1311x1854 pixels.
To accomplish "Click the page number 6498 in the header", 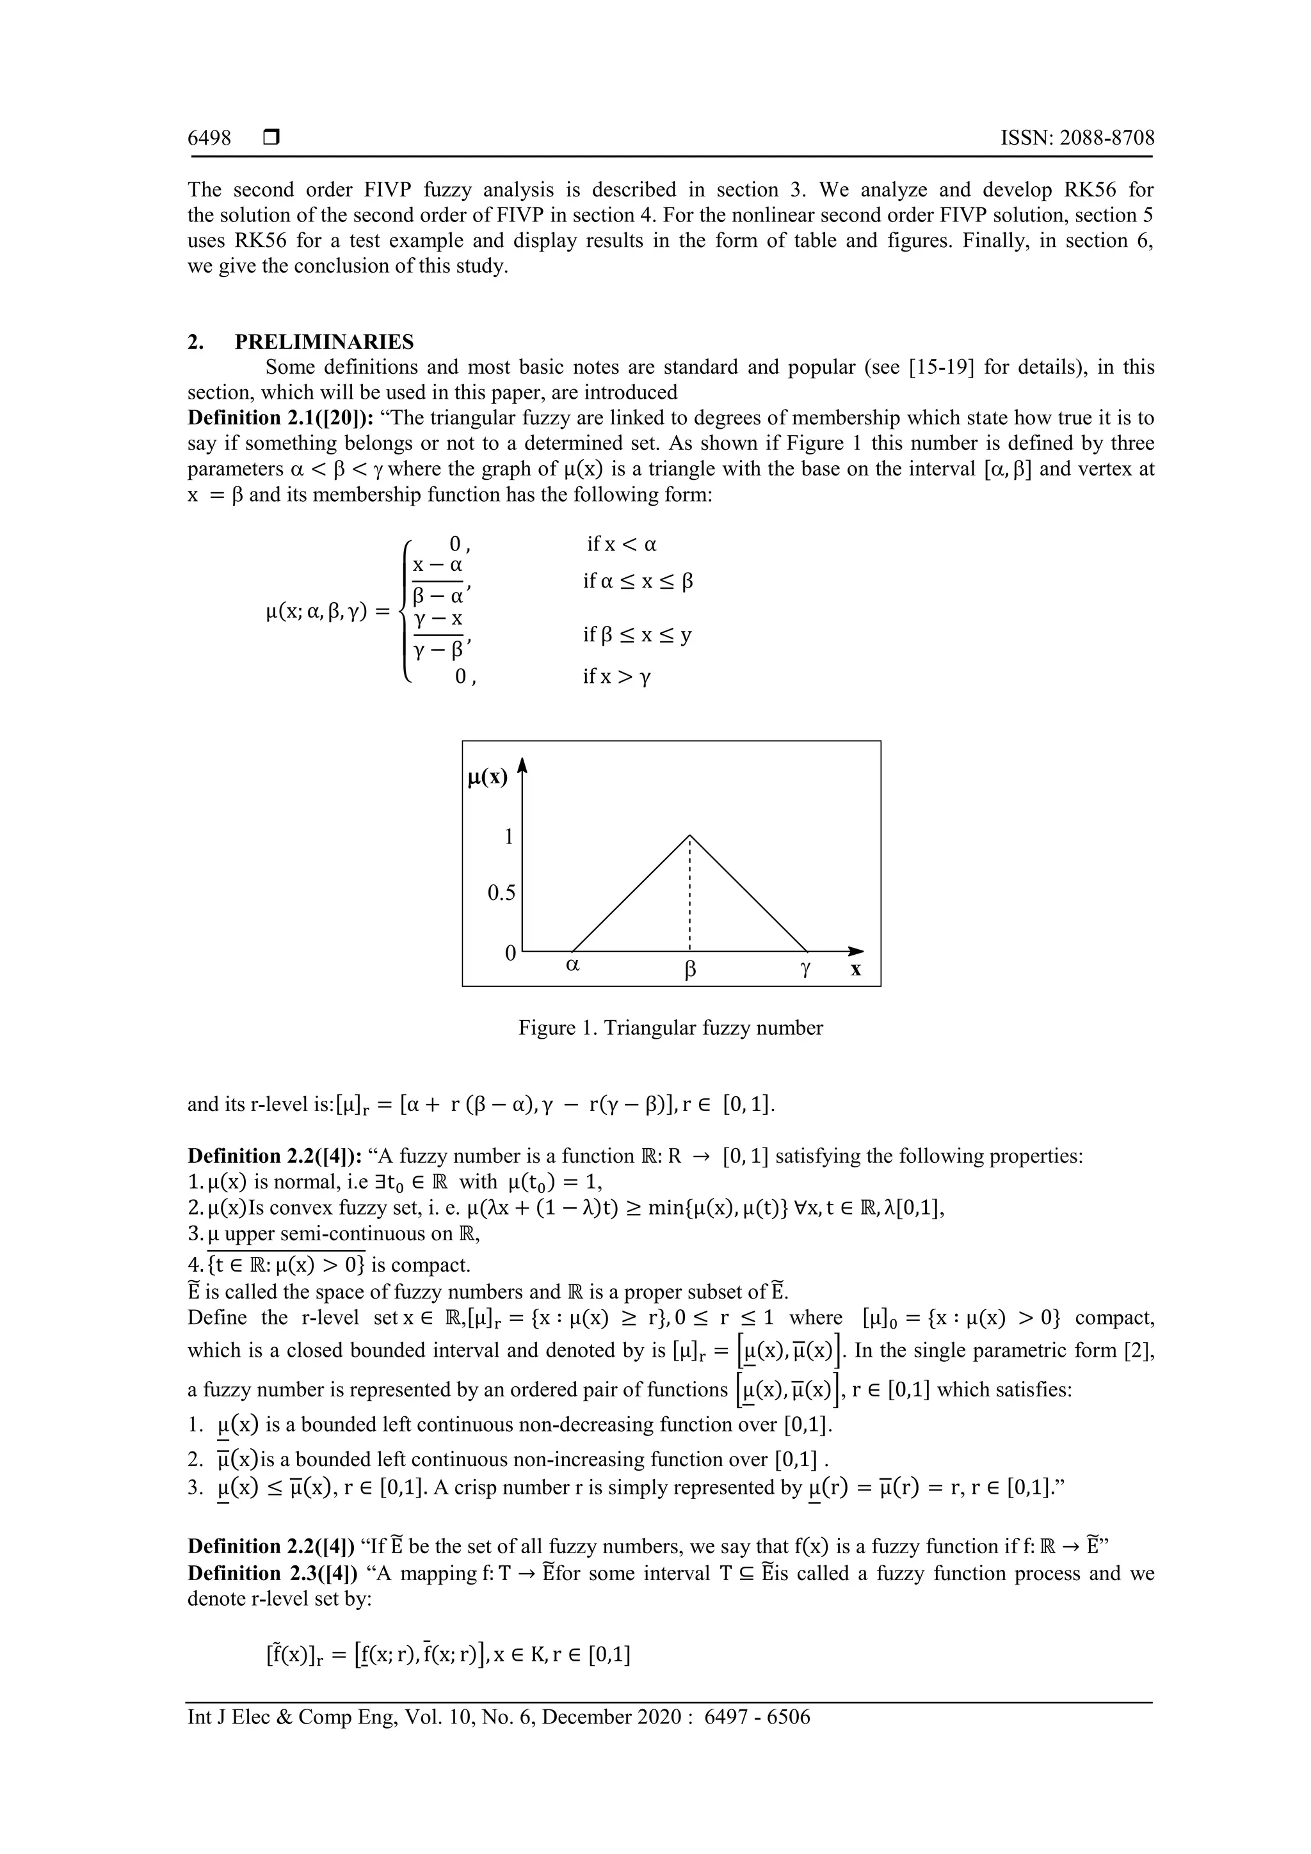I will pos(209,138).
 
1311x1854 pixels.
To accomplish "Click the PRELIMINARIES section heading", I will pos(324,342).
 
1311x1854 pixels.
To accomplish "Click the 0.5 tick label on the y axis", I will pos(501,893).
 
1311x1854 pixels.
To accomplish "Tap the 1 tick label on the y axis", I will pos(509,836).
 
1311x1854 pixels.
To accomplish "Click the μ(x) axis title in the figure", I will pos(488,778).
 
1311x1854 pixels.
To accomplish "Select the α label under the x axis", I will pos(573,965).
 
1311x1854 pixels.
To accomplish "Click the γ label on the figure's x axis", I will pos(805,970).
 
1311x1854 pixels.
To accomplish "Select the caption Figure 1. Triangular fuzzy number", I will pos(670,1028).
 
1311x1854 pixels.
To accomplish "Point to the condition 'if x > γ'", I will pos(617,676).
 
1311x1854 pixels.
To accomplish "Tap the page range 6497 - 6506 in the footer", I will pos(757,1717).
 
